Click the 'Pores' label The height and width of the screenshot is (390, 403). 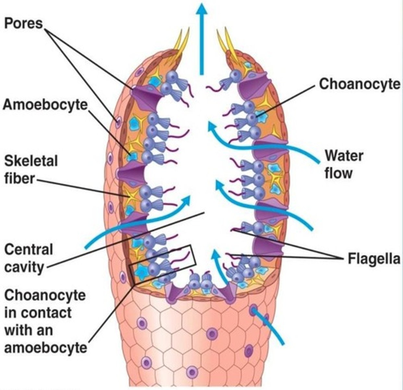point(23,23)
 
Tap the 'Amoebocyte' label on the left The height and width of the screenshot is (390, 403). point(45,105)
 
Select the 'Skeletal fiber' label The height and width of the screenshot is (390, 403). point(31,170)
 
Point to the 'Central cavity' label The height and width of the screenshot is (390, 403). point(29,259)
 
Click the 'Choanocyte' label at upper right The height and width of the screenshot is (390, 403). point(360,84)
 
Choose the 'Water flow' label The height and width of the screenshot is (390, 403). point(344,164)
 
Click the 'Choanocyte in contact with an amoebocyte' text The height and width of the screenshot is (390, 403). point(45,322)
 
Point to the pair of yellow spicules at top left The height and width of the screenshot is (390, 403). point(182,42)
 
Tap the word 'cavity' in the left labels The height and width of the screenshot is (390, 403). point(24,267)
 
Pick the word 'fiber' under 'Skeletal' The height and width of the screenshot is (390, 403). point(19,178)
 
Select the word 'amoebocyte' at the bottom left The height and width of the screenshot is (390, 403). point(45,348)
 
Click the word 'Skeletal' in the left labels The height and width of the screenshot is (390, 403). point(31,161)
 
